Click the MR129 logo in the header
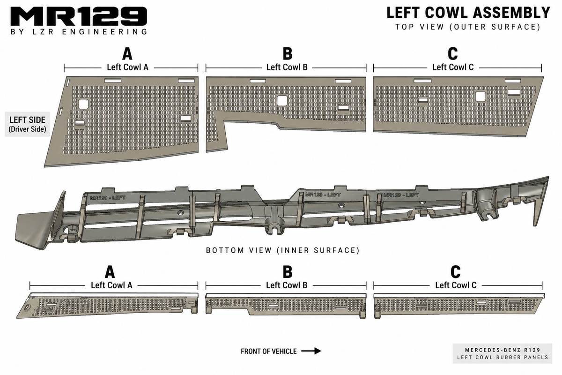[x=79, y=16]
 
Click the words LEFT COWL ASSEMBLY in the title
[x=468, y=13]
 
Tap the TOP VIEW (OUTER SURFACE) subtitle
[x=468, y=27]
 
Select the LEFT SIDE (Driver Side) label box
[x=27, y=124]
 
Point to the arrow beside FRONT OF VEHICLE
[x=311, y=351]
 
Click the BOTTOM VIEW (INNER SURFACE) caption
[x=283, y=250]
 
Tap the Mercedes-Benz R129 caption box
[x=503, y=353]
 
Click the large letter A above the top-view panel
[x=127, y=54]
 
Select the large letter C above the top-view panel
[x=452, y=54]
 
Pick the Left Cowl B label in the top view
[x=287, y=67]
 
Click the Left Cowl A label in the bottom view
[x=111, y=285]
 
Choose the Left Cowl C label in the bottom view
[x=456, y=285]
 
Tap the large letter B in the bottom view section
[x=287, y=272]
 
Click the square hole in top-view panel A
[x=83, y=104]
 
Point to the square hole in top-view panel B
[x=282, y=101]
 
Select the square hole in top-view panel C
[x=481, y=97]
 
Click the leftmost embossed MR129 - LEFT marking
[x=108, y=198]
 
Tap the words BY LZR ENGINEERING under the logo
[x=79, y=32]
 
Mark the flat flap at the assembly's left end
[x=31, y=230]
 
